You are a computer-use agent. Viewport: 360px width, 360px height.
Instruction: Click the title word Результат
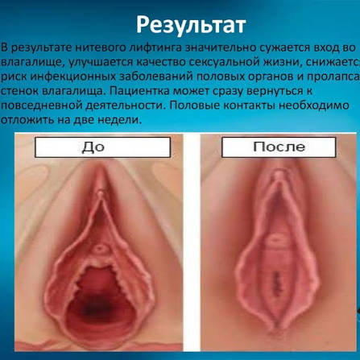[191, 26]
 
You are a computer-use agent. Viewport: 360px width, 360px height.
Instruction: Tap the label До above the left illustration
[93, 147]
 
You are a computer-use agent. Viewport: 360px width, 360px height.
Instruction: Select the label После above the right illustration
[279, 147]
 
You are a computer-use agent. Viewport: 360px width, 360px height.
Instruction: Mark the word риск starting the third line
[14, 77]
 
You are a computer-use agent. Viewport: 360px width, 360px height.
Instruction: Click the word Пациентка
[139, 91]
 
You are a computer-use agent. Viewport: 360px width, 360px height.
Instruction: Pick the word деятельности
[126, 106]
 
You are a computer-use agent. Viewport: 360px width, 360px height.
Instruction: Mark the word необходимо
[313, 106]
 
